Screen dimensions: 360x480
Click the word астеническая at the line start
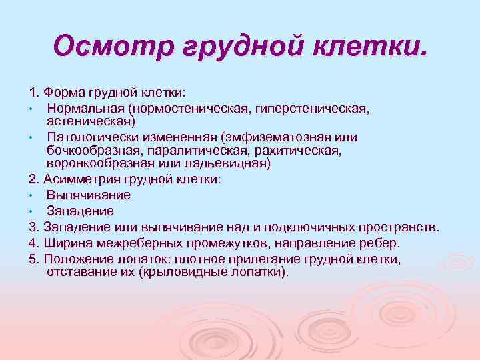tap(91, 121)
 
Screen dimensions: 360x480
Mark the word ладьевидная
tap(231, 164)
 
